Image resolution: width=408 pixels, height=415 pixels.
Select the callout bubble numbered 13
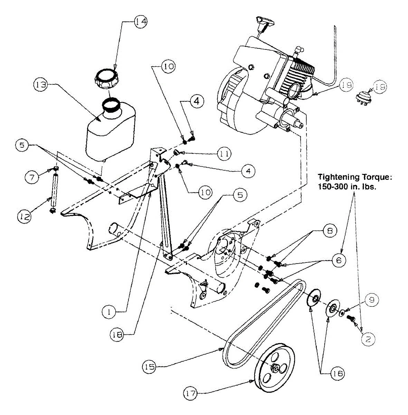(x=41, y=85)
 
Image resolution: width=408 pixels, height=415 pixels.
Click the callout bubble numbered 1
(x=109, y=312)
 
